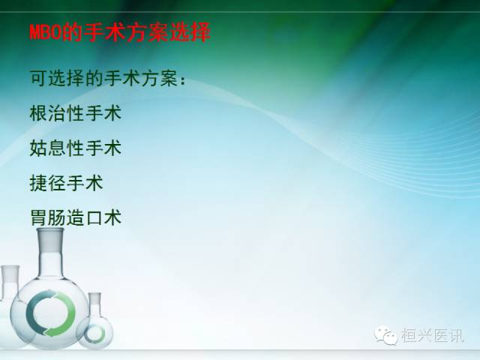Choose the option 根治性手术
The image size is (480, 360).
click(x=75, y=113)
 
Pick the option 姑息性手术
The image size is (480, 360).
click(x=75, y=148)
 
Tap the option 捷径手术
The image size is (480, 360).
click(x=66, y=182)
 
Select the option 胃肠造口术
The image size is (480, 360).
click(x=75, y=217)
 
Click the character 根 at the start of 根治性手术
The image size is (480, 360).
click(x=39, y=113)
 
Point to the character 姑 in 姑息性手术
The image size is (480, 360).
click(x=39, y=148)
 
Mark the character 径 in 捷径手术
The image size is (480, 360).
click(x=57, y=182)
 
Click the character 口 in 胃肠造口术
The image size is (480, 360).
click(x=94, y=217)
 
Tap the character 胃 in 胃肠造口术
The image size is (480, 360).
click(x=39, y=217)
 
